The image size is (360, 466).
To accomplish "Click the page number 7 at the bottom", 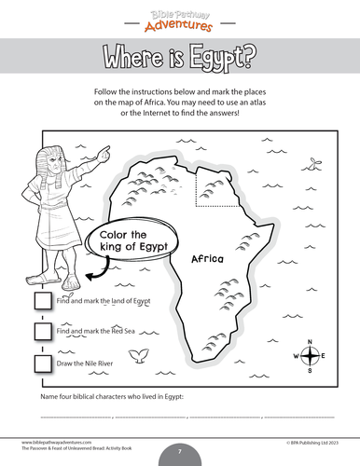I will tap(179, 452).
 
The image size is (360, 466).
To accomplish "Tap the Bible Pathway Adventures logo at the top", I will tap(179, 16).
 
